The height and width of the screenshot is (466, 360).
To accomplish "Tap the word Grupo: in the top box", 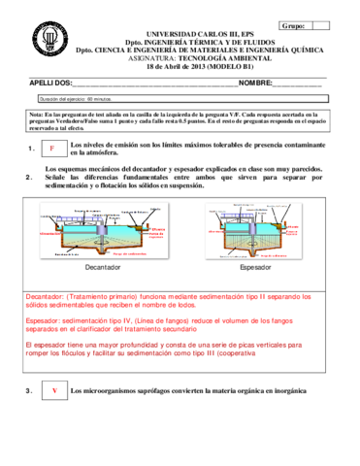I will coord(292,26).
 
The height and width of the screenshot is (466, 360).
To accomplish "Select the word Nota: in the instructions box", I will coord(39,115).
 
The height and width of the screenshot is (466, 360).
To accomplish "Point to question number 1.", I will coord(32,149).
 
